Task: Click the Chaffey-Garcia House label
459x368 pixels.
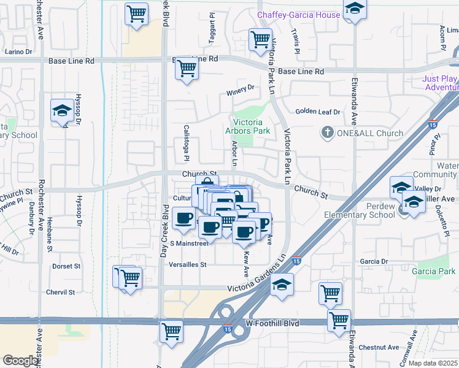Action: click(x=298, y=15)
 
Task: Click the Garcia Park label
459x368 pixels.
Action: click(x=434, y=271)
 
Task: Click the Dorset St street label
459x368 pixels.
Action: click(x=66, y=266)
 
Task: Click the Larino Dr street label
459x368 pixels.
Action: click(x=18, y=53)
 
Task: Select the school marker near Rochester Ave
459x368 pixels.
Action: click(x=61, y=110)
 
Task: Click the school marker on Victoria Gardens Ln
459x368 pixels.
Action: click(x=282, y=285)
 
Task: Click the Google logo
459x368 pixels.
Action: click(x=20, y=361)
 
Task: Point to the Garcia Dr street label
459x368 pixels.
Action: click(x=375, y=261)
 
